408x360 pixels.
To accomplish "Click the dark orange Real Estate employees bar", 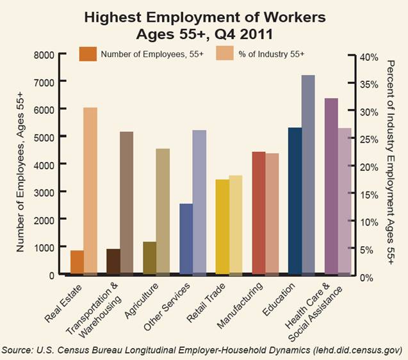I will (x=77, y=262).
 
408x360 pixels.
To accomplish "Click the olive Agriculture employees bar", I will (x=149, y=258).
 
